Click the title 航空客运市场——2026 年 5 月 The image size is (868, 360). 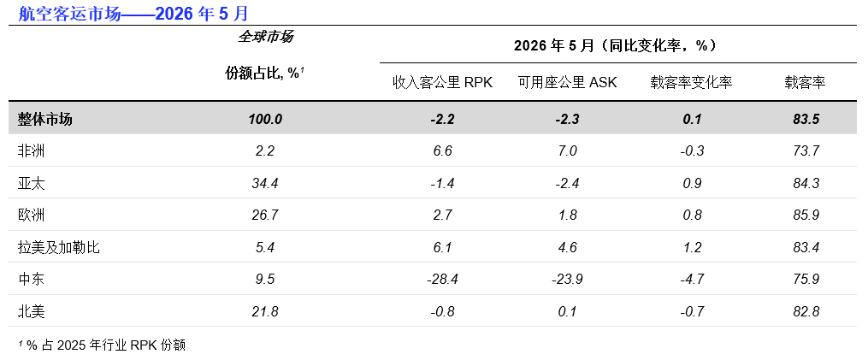click(133, 13)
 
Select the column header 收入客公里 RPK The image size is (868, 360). click(442, 83)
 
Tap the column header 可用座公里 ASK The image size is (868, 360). click(568, 83)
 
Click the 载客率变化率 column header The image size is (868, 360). click(692, 83)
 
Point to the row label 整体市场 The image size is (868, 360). click(44, 119)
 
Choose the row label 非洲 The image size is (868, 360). click(31, 150)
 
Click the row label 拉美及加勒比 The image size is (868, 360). click(59, 247)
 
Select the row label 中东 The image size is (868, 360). click(31, 279)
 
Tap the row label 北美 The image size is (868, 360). click(31, 311)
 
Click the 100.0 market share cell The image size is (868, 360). click(265, 119)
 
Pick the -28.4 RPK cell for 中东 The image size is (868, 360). click(442, 279)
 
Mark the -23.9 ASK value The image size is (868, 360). click(568, 279)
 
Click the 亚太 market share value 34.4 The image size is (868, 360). click(265, 183)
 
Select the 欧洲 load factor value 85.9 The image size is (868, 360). click(806, 215)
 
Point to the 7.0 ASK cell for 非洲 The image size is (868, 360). click(568, 150)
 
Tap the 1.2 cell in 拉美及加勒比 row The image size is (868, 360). click(692, 247)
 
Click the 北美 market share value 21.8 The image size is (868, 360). click(265, 311)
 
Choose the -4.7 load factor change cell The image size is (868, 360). click(692, 279)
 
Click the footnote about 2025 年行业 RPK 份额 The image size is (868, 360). click(102, 345)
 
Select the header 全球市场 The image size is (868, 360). click(265, 37)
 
